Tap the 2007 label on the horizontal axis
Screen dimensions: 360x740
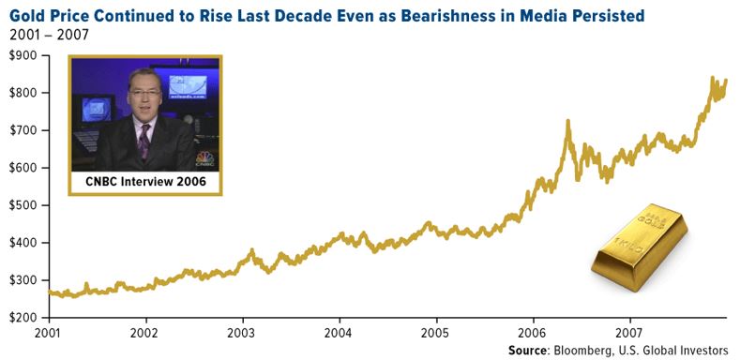pyautogui.click(x=629, y=332)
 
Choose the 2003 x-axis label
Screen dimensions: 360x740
pyautogui.click(x=242, y=332)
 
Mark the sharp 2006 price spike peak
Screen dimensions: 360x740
pyautogui.click(x=567, y=121)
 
